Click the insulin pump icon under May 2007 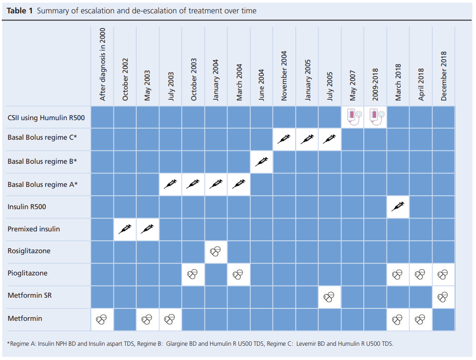tap(352, 117)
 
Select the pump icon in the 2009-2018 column tap(375, 117)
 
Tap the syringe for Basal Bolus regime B tap(261, 162)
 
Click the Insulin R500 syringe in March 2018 tap(398, 207)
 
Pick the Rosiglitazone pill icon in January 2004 tap(216, 251)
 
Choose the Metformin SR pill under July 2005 tap(330, 297)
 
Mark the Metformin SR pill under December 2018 tap(443, 297)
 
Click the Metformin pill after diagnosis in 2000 tap(102, 319)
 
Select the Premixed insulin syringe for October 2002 tap(125, 229)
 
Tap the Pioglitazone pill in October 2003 tap(193, 274)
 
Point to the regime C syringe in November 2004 tap(284, 140)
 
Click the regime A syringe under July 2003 tap(171, 184)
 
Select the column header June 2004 tap(261, 85)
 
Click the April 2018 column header tap(421, 83)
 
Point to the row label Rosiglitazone tap(29, 251)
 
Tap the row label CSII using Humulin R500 tap(46, 117)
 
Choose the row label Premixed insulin tap(33, 229)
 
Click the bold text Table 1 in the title tap(20, 10)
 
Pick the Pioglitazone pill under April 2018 tap(420, 274)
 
